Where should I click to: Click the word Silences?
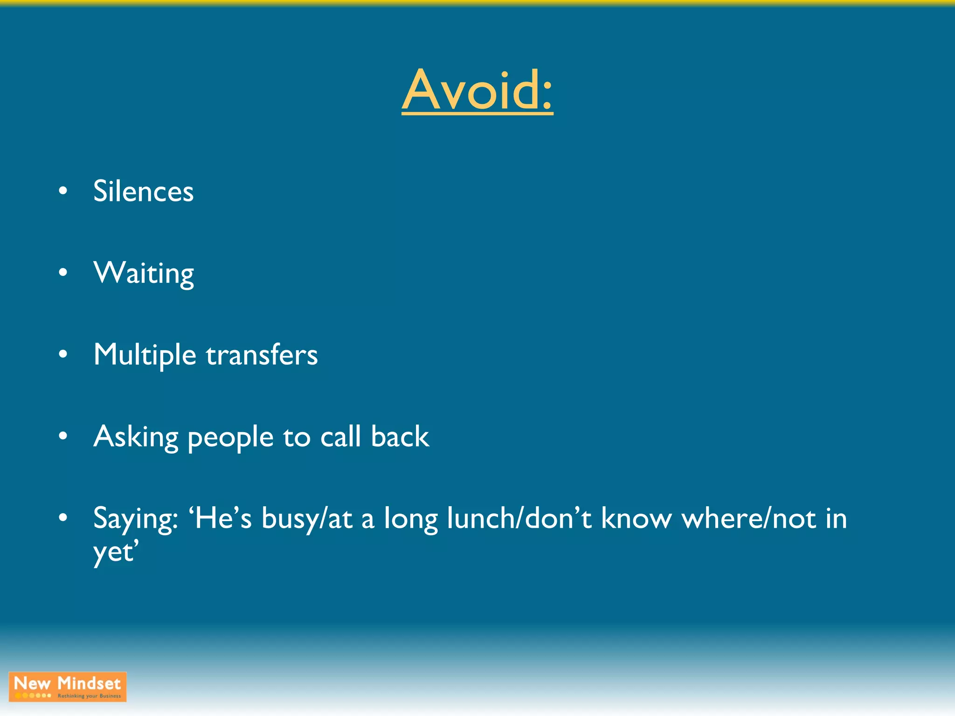143,191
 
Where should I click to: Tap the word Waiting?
143,273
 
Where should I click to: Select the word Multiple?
145,355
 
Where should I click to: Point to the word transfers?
262,355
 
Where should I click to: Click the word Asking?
136,437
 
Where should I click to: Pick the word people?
230,438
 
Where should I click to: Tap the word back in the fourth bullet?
400,437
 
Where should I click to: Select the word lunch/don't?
519,518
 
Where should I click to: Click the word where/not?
749,518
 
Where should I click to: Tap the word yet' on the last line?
116,553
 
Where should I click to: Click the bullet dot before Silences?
63,191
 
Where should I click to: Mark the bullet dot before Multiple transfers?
63,354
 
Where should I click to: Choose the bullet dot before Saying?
63,518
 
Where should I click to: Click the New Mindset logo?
68,687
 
